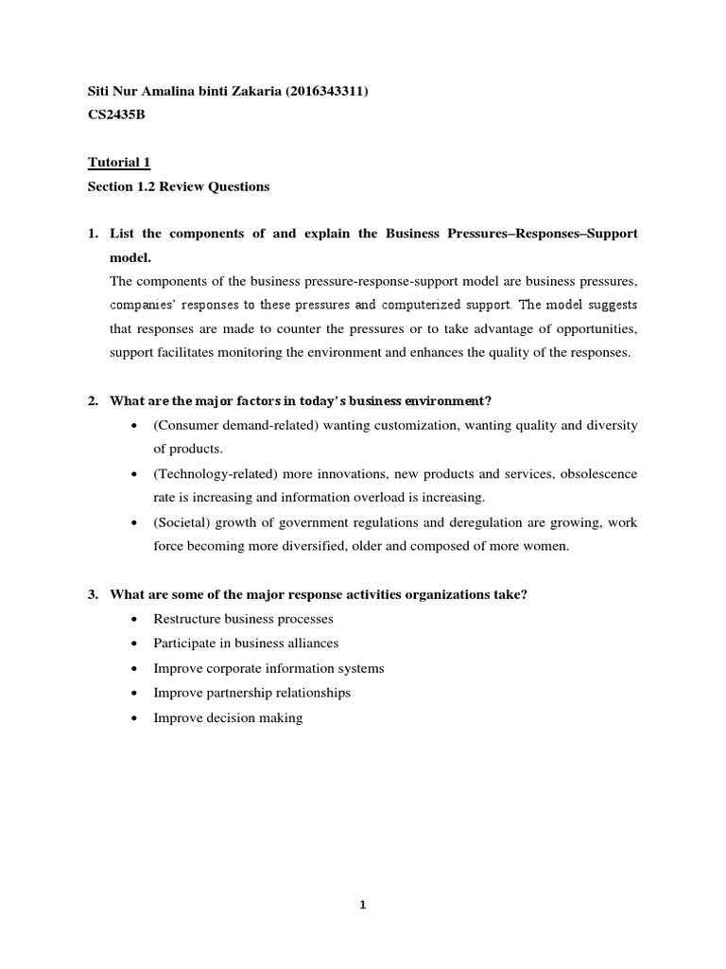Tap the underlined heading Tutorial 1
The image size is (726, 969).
coord(112,163)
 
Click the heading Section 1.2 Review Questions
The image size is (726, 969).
coord(179,186)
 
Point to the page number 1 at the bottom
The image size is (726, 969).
coord(363,905)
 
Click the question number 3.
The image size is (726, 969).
coord(93,594)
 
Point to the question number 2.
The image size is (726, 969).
coord(93,400)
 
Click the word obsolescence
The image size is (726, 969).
coord(588,473)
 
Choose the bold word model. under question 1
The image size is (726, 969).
coord(130,257)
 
